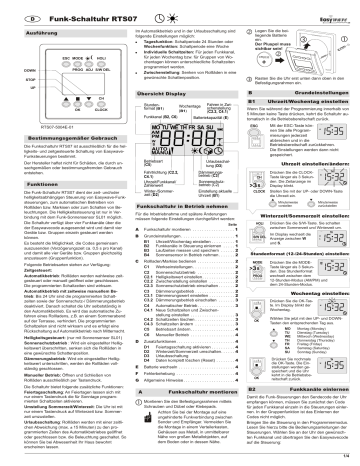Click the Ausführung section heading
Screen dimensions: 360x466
pyautogui.click(x=39, y=37)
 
